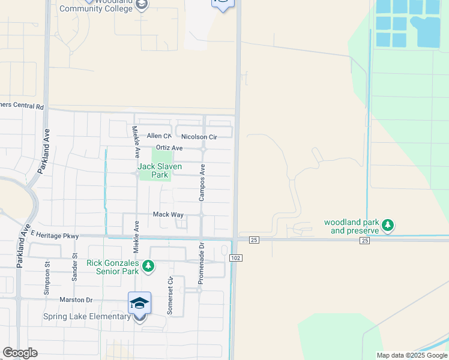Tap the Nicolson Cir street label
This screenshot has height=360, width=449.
pyautogui.click(x=199, y=137)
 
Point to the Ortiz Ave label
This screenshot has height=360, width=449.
pyautogui.click(x=169, y=148)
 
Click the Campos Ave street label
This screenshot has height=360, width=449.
pyautogui.click(x=203, y=182)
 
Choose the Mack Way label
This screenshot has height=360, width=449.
pyautogui.click(x=168, y=214)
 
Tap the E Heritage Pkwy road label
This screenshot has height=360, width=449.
pyautogui.click(x=55, y=235)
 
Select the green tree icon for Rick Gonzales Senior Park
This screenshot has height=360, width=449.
pyautogui.click(x=148, y=265)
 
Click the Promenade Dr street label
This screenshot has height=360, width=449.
pyautogui.click(x=202, y=262)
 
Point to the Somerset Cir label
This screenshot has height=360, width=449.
pyautogui.click(x=170, y=295)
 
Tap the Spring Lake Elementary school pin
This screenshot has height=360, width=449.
pyautogui.click(x=139, y=303)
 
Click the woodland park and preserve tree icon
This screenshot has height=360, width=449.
pyautogui.click(x=388, y=226)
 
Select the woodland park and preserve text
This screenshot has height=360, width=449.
pyautogui.click(x=352, y=226)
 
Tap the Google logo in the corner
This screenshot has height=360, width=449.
pyautogui.click(x=20, y=352)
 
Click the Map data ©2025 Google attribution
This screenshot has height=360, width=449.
pyautogui.click(x=411, y=355)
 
